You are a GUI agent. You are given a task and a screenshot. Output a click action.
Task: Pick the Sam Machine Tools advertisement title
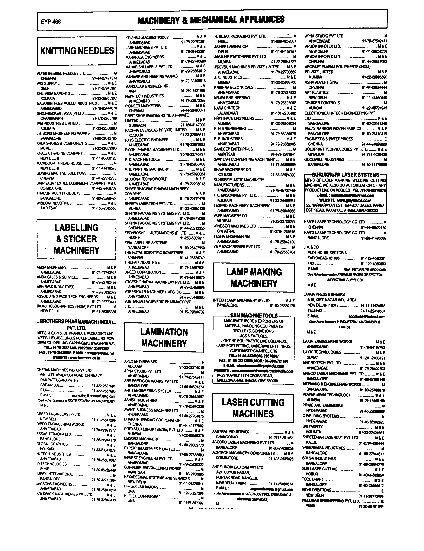(254, 316)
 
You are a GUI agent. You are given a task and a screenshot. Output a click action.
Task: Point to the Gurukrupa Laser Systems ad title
(345, 175)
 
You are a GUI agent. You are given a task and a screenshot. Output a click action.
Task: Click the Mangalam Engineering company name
(147, 86)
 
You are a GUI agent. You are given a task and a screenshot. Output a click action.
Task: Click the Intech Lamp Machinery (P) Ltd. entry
(242, 300)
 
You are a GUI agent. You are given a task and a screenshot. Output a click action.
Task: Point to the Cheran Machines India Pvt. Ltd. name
(64, 370)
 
